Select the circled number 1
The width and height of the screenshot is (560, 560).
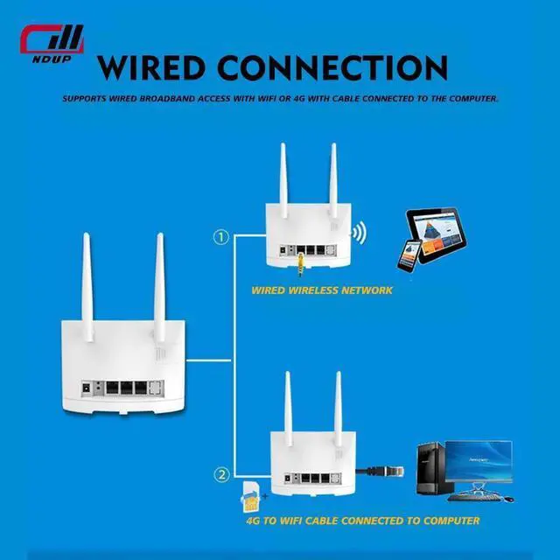click(x=222, y=237)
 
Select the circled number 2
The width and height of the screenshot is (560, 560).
click(x=222, y=475)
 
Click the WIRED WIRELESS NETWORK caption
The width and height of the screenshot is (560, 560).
click(x=322, y=290)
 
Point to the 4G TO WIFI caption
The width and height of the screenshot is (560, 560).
click(x=362, y=521)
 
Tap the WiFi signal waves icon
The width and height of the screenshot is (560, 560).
click(x=358, y=234)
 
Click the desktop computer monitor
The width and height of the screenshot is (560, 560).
click(x=478, y=463)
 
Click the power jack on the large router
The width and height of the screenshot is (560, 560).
click(x=87, y=385)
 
